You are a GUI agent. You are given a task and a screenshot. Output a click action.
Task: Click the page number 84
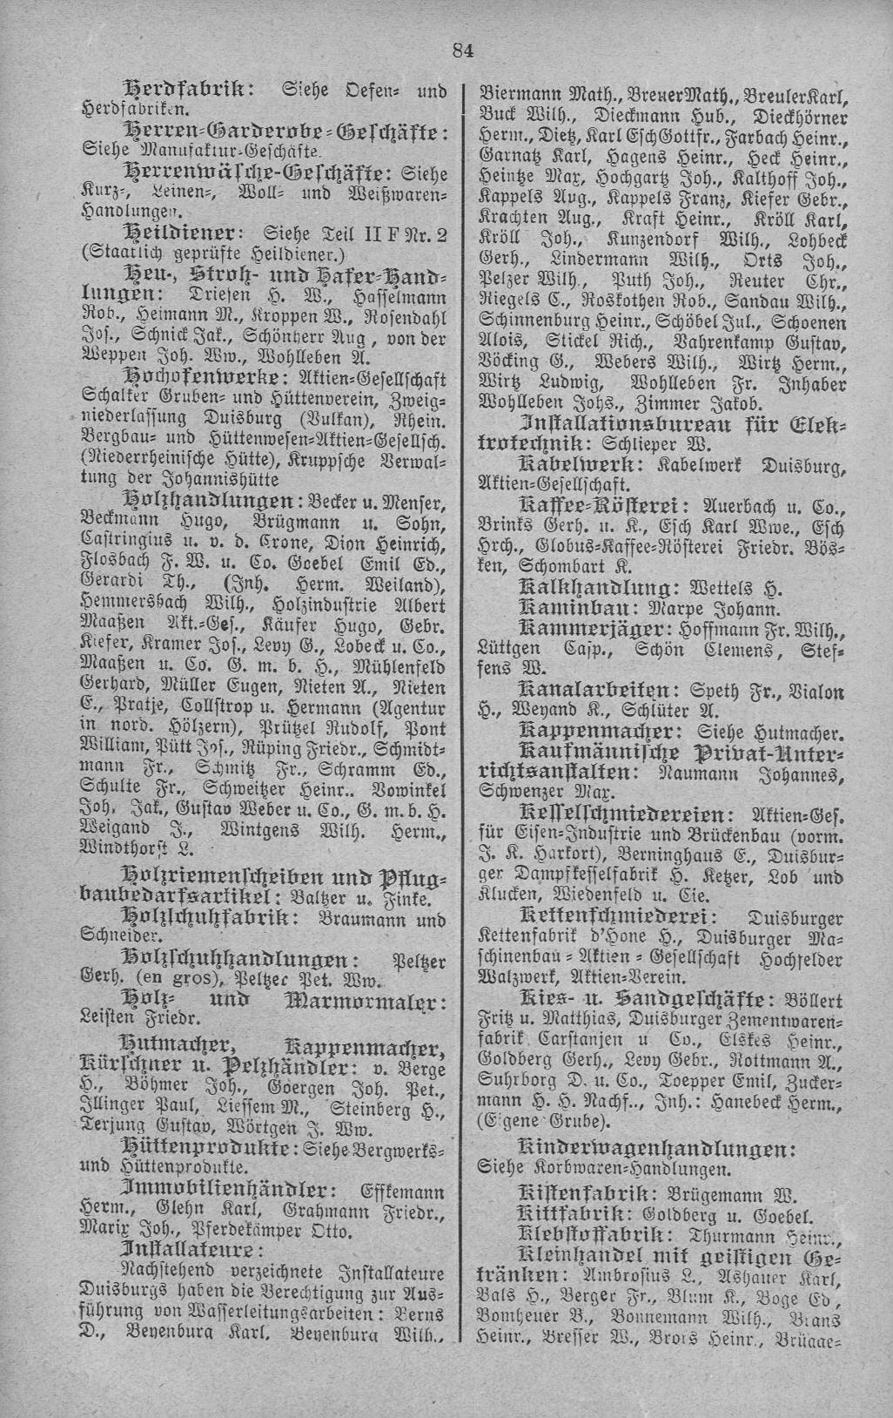[462, 50]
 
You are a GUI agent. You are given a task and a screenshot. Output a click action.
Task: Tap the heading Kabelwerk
[576, 463]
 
